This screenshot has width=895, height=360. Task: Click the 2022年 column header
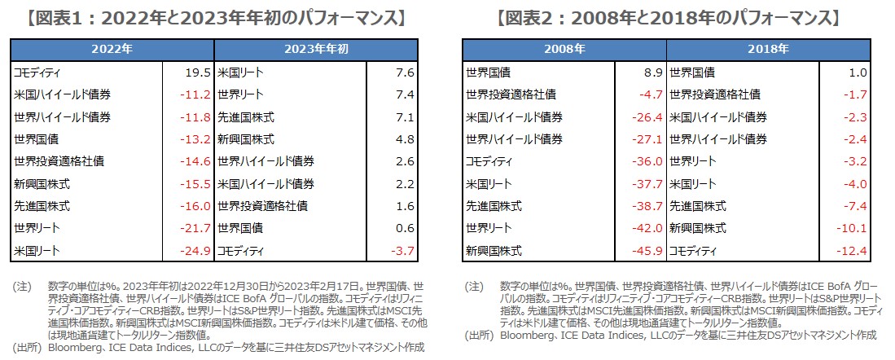tap(112, 50)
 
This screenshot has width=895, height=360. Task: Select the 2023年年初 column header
tap(317, 50)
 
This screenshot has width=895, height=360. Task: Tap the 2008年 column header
tap(564, 50)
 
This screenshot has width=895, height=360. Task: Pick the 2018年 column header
tap(769, 50)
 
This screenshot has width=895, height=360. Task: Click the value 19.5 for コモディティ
tap(198, 72)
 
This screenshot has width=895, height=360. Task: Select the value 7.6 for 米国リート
tap(405, 72)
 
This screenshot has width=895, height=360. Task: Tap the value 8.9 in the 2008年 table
tap(651, 72)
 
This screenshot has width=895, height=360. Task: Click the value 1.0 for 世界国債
tap(857, 72)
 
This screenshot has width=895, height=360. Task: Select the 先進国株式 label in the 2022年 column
tap(42, 206)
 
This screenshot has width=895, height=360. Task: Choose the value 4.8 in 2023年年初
tap(405, 139)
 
